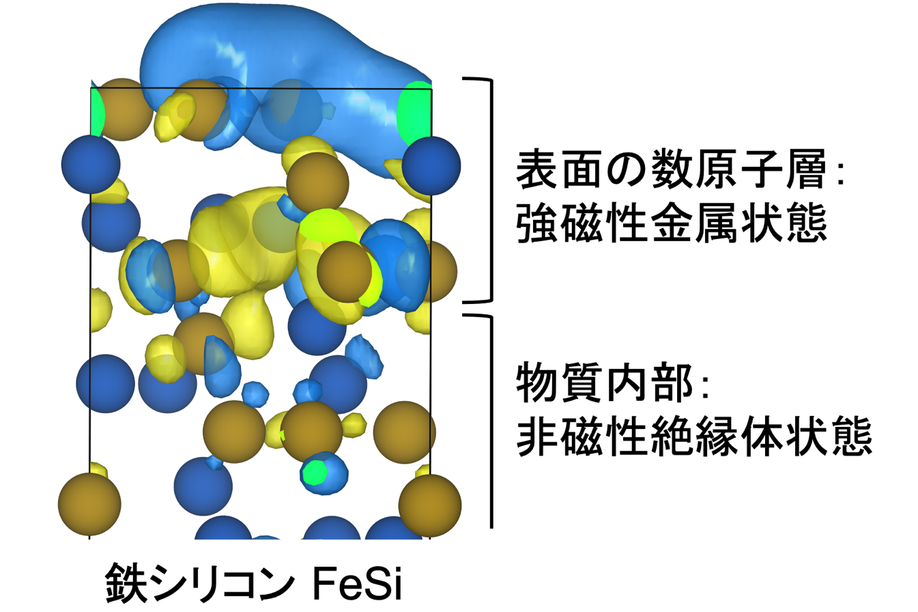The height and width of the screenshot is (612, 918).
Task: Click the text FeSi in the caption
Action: click(x=358, y=583)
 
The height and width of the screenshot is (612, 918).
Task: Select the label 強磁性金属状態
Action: click(x=672, y=223)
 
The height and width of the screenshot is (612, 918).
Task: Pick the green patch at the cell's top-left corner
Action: click(x=97, y=111)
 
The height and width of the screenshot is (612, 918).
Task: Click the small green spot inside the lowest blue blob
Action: click(x=315, y=472)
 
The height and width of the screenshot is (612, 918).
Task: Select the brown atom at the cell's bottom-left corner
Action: click(x=89, y=504)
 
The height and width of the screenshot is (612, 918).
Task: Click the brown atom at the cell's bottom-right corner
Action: click(x=430, y=505)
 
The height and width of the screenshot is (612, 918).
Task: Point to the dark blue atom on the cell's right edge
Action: click(x=431, y=166)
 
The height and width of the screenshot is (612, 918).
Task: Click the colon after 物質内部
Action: click(x=705, y=388)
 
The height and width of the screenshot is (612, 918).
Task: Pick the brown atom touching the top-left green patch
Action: click(x=124, y=109)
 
